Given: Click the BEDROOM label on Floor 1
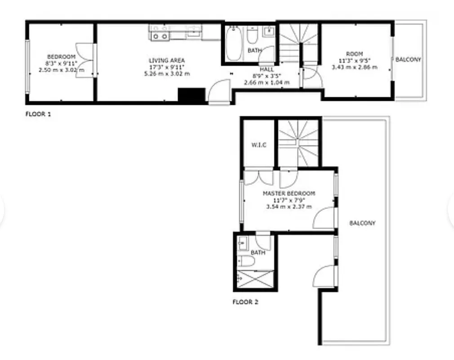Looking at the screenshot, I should coord(61,56).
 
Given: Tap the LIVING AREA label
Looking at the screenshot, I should coord(167,60).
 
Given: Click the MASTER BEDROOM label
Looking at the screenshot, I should coord(289,193).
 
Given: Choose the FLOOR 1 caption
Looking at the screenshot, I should coord(38,114).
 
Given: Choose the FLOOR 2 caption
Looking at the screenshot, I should coord(245,302).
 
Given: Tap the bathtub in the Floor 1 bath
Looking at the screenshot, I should coord(233,44).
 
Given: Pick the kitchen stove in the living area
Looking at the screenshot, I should coord(160,32).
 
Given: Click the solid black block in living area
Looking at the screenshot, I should coord(191,95).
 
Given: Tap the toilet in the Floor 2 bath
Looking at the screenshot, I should coord(246,261).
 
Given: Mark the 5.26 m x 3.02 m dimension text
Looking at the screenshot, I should coord(167,73).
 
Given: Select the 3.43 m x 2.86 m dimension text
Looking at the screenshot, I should coord(354,67).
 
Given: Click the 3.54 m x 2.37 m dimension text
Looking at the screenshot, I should coord(289,207).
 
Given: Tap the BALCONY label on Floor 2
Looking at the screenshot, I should coord(362,223).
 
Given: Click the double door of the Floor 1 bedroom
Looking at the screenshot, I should coord(85,60).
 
